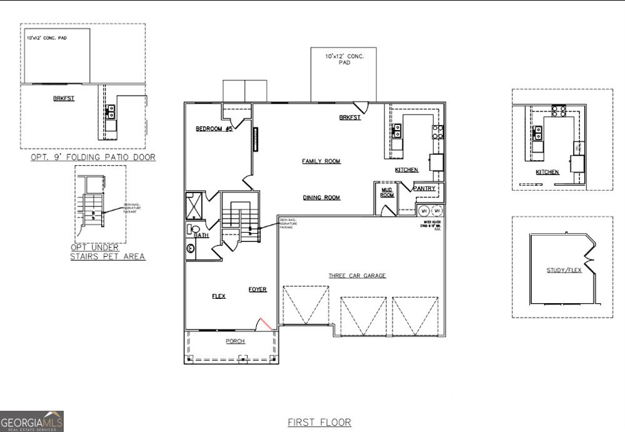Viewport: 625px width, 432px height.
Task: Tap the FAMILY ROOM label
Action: tap(321, 161)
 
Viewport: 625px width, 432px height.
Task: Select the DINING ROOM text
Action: tap(321, 198)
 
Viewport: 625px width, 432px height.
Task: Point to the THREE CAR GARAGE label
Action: tap(357, 276)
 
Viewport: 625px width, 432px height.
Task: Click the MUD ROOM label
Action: tap(387, 193)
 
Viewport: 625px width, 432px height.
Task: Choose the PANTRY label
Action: tap(424, 188)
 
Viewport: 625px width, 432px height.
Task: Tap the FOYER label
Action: tap(257, 289)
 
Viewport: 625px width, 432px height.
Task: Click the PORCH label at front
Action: tap(235, 341)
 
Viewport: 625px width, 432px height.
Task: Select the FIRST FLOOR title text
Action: tap(319, 423)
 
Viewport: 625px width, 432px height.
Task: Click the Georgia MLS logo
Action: tap(32, 421)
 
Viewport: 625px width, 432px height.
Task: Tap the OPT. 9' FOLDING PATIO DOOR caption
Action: tap(93, 158)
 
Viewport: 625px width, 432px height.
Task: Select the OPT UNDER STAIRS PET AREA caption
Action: tap(107, 252)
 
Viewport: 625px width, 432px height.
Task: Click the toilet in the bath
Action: tap(192, 229)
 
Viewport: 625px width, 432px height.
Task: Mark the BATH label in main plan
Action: tap(201, 236)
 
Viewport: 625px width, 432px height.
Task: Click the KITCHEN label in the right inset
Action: tap(547, 172)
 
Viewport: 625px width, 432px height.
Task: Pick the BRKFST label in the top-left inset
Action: tap(63, 99)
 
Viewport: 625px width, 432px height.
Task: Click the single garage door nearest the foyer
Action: tap(306, 305)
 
